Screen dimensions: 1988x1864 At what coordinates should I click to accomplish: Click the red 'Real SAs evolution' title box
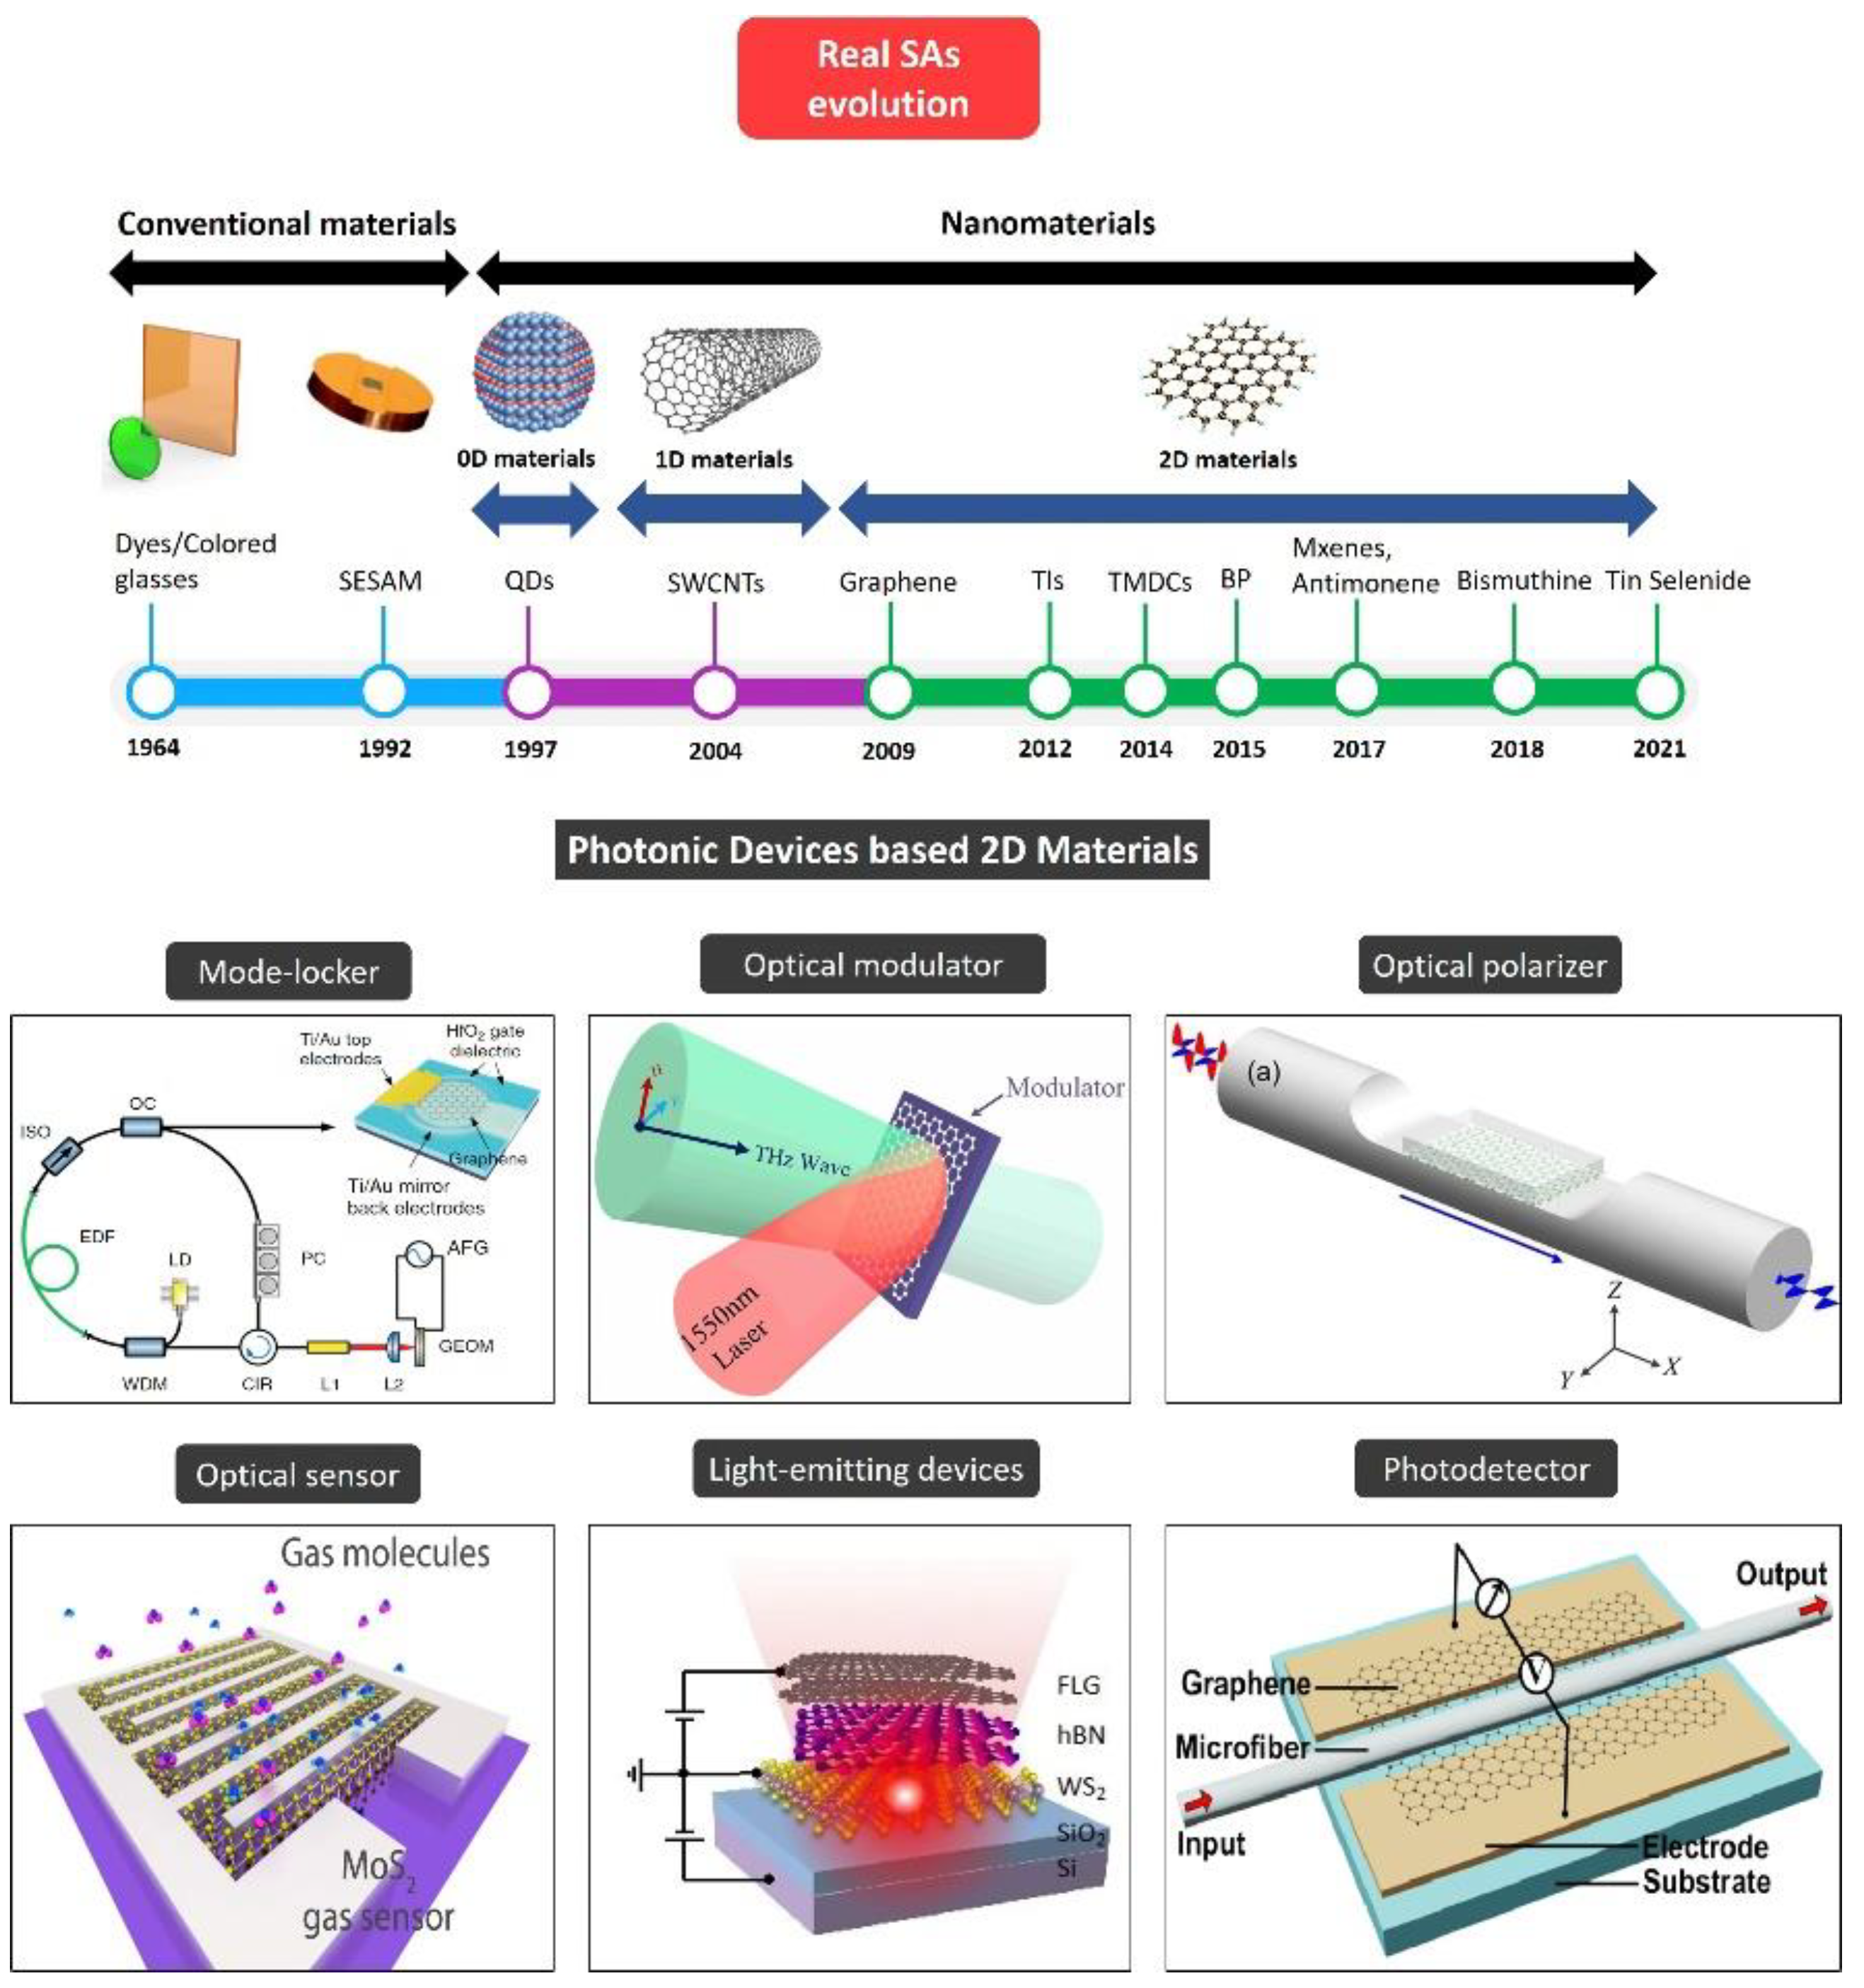(x=888, y=78)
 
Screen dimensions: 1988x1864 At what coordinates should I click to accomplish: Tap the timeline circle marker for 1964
(x=152, y=692)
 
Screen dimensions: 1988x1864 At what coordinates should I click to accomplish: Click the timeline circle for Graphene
(x=890, y=692)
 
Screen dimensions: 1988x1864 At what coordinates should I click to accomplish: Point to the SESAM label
(x=380, y=581)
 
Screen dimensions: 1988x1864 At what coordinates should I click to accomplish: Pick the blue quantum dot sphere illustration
(x=535, y=373)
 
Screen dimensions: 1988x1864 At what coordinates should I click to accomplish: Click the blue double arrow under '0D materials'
(x=535, y=509)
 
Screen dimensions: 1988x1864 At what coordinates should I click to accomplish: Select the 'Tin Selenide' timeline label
(x=1678, y=581)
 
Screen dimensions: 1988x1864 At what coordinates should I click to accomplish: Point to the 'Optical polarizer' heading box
(x=1489, y=966)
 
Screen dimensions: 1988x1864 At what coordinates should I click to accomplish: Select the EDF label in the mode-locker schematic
(x=97, y=1237)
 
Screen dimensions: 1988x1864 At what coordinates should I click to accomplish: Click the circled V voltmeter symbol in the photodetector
(x=1536, y=1673)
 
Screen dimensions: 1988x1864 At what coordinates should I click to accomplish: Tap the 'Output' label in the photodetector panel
(x=1780, y=1575)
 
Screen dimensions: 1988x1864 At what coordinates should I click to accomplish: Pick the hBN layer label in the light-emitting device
(x=1080, y=1735)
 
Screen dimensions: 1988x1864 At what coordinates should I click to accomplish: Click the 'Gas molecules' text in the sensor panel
(x=385, y=1553)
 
